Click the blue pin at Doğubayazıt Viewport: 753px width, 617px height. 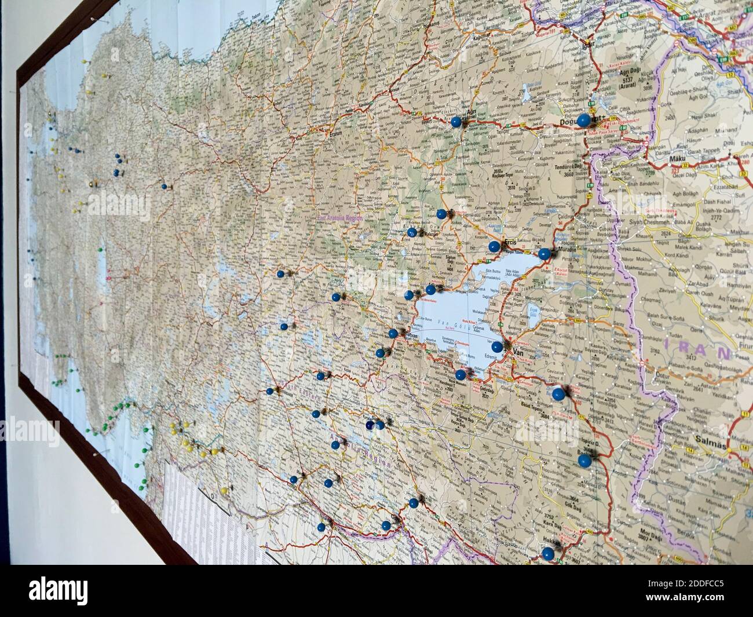pyautogui.click(x=583, y=121)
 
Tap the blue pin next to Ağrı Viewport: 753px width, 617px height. pyautogui.click(x=456, y=122)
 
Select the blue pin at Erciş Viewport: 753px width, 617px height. pyautogui.click(x=494, y=246)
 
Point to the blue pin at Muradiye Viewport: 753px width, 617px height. pyautogui.click(x=544, y=253)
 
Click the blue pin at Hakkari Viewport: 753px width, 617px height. pyautogui.click(x=547, y=552)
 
